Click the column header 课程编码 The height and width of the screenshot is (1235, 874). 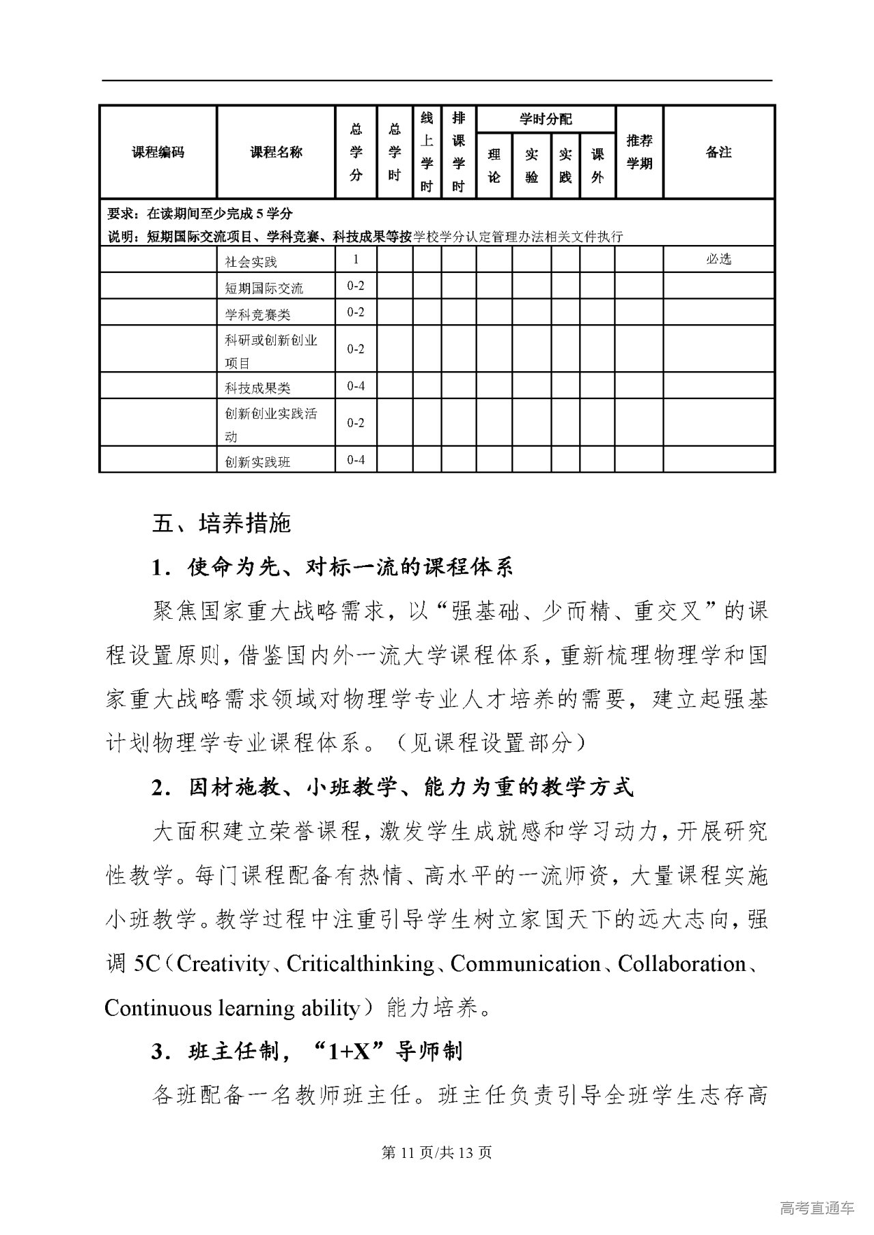tap(158, 152)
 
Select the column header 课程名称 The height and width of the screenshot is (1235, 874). tap(276, 152)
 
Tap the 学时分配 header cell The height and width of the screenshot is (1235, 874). tap(546, 119)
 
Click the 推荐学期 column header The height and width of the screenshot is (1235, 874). tap(639, 152)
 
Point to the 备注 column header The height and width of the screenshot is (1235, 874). tap(718, 152)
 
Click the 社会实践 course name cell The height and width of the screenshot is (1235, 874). tap(251, 261)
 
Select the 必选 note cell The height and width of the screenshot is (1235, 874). tap(718, 259)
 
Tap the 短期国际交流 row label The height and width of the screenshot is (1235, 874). tap(264, 288)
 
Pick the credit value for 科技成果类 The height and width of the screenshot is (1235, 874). tap(356, 386)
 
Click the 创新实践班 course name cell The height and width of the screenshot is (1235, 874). tap(258, 462)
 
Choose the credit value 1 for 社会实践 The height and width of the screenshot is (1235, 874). tap(356, 259)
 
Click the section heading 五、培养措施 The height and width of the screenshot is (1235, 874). tap(221, 523)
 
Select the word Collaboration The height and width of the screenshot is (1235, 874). tap(681, 964)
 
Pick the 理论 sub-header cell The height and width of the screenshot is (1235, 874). tap(494, 166)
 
